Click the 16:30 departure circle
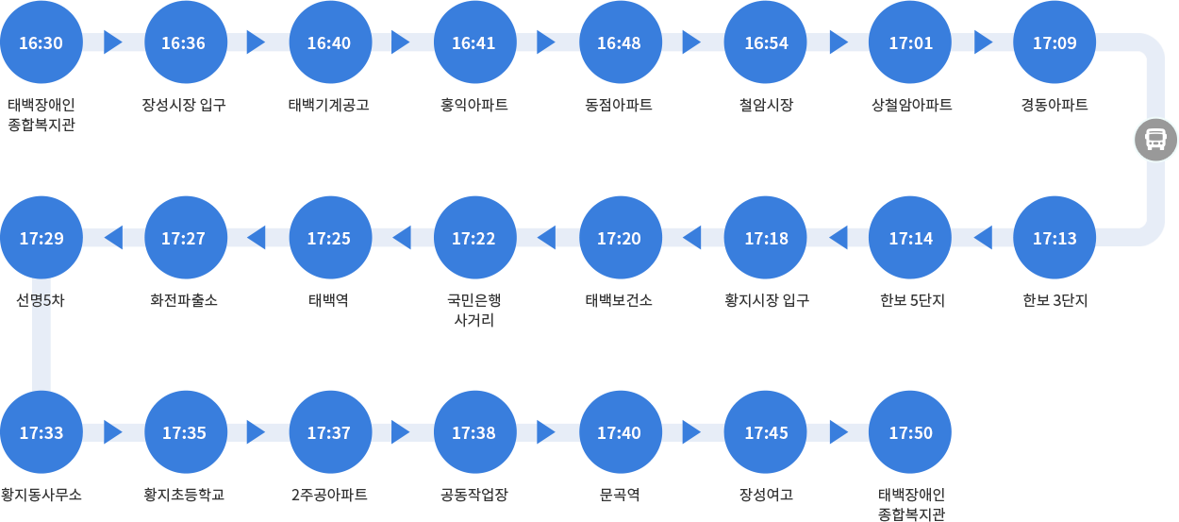[42, 42]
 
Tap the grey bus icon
[1155, 140]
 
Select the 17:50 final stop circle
[910, 432]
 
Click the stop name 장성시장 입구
[184, 105]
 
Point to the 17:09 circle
[1054, 42]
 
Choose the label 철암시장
[766, 105]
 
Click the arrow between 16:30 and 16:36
[112, 42]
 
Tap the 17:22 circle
[475, 238]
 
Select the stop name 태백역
[328, 300]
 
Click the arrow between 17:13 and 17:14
[983, 237]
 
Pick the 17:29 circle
[42, 238]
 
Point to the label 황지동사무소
[42, 495]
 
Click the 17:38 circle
[475, 432]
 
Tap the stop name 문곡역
[620, 495]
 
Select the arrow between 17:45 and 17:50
[839, 432]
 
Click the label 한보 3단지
[1054, 300]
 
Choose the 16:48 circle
[621, 42]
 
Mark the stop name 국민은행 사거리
[474, 310]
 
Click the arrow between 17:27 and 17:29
[114, 237]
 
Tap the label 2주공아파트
[329, 495]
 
